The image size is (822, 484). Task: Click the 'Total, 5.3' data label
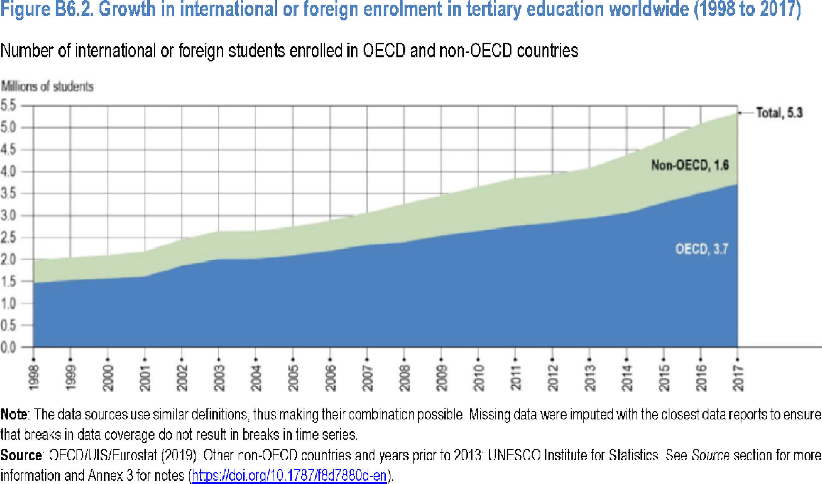pos(779,113)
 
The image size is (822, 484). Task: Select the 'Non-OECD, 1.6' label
pos(690,165)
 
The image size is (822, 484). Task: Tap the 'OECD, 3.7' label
pos(701,249)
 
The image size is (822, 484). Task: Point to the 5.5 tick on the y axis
pos(9,106)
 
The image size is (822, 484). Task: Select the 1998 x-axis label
pos(34,378)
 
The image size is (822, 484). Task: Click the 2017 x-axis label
pos(738,378)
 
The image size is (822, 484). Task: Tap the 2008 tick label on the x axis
pos(405,378)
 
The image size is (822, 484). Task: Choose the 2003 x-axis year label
pos(219,378)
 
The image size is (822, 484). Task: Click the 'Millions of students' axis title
pos(47,87)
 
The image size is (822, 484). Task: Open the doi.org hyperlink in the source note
pos(289,475)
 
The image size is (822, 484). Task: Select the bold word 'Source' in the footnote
pos(21,455)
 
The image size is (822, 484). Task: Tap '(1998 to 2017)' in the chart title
pos(747,9)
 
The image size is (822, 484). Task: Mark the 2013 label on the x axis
pos(590,378)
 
